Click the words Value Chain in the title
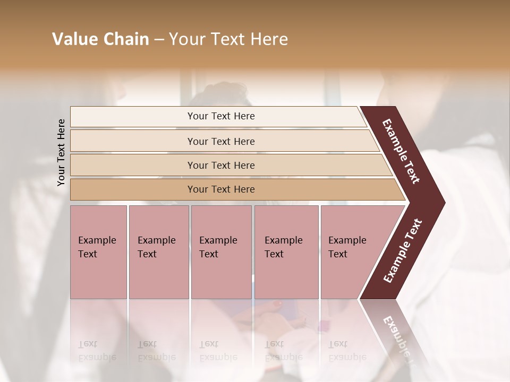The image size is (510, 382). (100, 39)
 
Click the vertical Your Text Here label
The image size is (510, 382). (62, 152)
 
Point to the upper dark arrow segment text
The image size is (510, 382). (402, 151)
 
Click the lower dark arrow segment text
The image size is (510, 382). (403, 250)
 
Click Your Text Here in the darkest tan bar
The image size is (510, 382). (221, 189)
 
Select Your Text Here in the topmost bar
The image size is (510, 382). (221, 116)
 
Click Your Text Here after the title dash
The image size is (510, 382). (228, 39)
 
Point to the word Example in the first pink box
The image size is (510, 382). (97, 240)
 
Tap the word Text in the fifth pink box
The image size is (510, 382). (337, 254)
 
